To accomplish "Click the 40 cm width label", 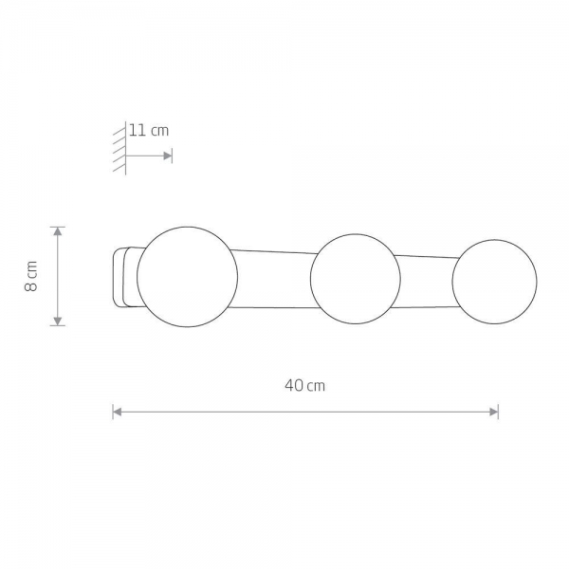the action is click(304, 385).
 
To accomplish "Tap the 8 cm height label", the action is click(31, 276).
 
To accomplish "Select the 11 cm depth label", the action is click(149, 130).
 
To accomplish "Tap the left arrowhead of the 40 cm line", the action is click(117, 412).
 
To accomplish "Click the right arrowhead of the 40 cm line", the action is click(494, 412).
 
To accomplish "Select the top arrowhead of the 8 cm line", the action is click(58, 231).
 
